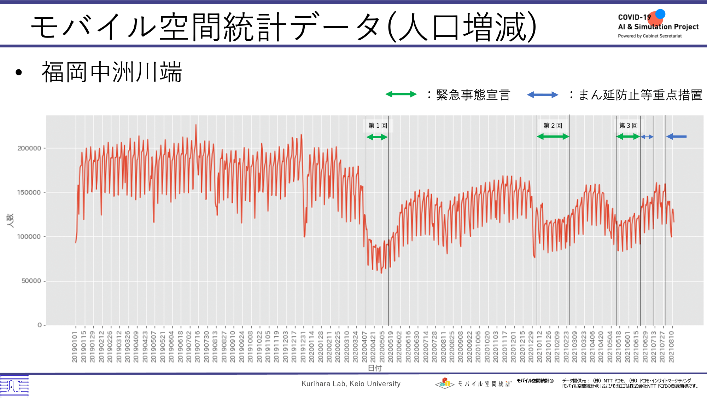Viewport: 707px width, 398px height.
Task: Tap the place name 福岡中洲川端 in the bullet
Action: (x=112, y=72)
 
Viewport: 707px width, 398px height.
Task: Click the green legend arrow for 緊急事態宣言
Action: (x=401, y=94)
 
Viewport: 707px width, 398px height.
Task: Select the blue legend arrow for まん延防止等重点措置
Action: (x=542, y=95)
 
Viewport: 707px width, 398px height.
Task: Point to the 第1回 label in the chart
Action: (x=378, y=126)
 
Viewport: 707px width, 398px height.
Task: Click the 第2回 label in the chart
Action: (x=553, y=126)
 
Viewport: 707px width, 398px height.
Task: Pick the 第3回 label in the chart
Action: (x=628, y=126)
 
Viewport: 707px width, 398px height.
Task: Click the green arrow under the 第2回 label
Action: (x=553, y=137)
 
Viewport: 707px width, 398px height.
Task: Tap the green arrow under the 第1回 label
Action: (x=377, y=137)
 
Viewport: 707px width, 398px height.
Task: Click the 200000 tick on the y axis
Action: (x=29, y=148)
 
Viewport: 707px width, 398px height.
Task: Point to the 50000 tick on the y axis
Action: (x=31, y=281)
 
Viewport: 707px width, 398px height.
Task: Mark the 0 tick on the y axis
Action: (x=40, y=325)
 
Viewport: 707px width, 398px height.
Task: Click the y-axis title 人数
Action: (x=10, y=220)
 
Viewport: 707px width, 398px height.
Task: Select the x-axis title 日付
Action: (x=375, y=368)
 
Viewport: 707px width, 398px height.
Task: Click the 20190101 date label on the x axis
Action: (x=75, y=347)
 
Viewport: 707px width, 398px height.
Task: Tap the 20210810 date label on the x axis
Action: (x=671, y=347)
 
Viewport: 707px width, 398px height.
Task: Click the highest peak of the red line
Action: (x=196, y=125)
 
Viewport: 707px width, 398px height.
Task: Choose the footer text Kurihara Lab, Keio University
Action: (x=351, y=383)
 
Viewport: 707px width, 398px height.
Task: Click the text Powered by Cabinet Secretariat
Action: (x=649, y=36)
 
